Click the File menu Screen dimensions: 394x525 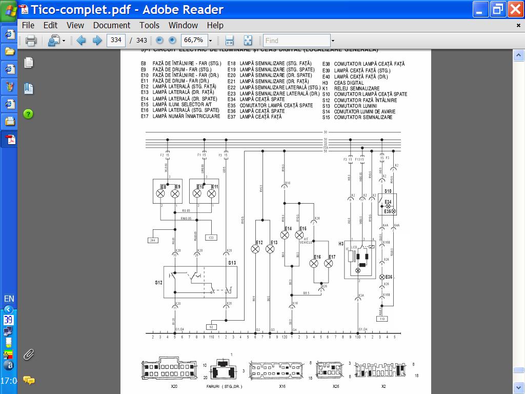[28, 25]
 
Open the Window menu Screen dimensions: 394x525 [183, 25]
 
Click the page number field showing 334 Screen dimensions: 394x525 [116, 40]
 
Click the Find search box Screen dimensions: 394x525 [296, 41]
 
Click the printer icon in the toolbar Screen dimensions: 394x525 [31, 41]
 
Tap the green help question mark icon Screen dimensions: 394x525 [28, 114]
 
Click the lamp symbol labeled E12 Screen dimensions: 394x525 [255, 249]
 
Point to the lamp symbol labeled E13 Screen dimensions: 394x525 [270, 249]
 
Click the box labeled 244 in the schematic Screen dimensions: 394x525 [153, 240]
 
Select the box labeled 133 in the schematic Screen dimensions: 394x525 [211, 238]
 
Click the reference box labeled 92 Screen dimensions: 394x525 [211, 327]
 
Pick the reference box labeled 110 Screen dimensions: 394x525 [382, 319]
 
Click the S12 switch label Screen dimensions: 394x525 [158, 282]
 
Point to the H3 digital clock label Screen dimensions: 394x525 [341, 244]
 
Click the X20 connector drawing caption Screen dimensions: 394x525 [174, 386]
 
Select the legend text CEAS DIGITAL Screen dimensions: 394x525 [349, 83]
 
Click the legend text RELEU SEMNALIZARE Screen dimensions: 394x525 [356, 88]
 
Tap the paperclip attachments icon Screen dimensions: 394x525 [29, 354]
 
